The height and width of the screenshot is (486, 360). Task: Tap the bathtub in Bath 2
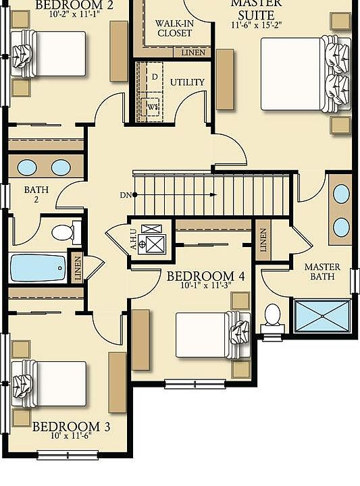38,267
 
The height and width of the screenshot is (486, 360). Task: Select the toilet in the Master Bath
273,315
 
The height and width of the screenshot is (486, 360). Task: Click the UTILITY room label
187,82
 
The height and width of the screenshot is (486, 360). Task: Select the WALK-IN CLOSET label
174,28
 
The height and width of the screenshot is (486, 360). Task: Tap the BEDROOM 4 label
205,275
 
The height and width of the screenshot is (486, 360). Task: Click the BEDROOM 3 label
70,427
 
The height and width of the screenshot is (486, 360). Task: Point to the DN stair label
125,195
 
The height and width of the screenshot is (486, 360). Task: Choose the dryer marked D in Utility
154,77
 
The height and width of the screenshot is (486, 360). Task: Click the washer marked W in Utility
153,106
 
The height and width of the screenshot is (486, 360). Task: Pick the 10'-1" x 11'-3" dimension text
205,286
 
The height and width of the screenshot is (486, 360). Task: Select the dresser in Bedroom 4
140,340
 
